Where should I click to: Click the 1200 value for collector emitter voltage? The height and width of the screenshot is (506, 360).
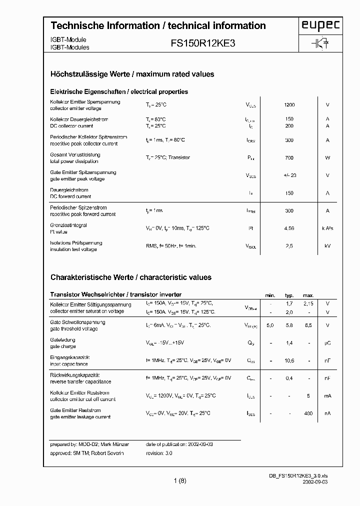click(x=289, y=105)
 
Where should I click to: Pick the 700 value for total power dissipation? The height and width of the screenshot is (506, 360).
click(x=289, y=158)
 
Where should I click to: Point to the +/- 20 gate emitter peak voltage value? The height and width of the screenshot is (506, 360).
click(x=289, y=175)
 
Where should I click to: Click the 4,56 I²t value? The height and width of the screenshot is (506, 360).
click(x=289, y=228)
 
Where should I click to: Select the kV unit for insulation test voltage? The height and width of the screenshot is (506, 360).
click(x=327, y=246)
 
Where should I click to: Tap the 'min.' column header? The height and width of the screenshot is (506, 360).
click(x=270, y=295)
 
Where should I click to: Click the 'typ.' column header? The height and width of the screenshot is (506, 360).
click(x=289, y=295)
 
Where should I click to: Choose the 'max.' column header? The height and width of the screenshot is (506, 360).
click(x=308, y=295)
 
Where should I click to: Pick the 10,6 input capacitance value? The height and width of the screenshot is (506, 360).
click(x=289, y=360)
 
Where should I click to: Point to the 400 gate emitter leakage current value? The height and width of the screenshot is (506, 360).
click(x=308, y=413)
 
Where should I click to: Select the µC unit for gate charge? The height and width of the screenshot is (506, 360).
click(x=327, y=343)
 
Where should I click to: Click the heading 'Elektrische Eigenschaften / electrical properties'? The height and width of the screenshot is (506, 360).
click(x=119, y=92)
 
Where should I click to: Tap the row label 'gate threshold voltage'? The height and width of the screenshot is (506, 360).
click(x=74, y=329)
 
